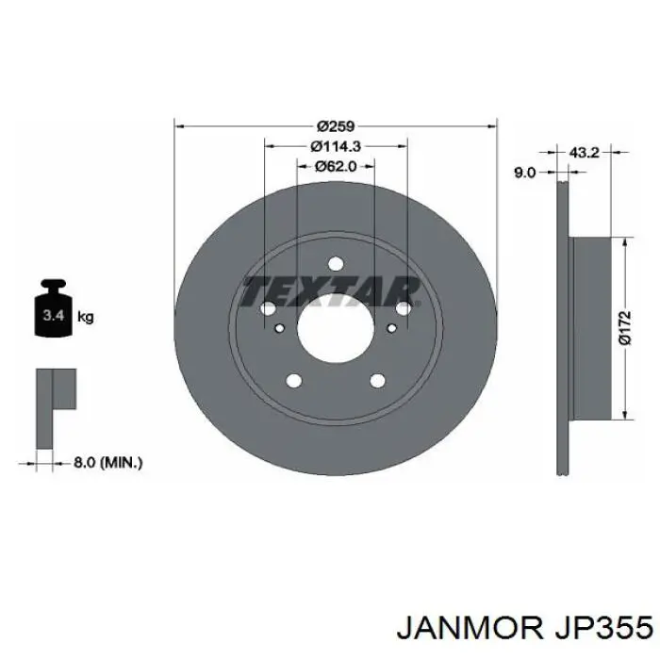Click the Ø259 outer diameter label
(x=336, y=125)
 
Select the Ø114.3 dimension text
(x=336, y=146)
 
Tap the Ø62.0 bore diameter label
(x=336, y=166)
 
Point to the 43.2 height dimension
(x=584, y=153)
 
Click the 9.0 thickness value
(x=524, y=173)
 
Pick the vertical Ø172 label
(x=625, y=328)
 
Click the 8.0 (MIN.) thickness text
(x=108, y=463)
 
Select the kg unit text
(x=85, y=317)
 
